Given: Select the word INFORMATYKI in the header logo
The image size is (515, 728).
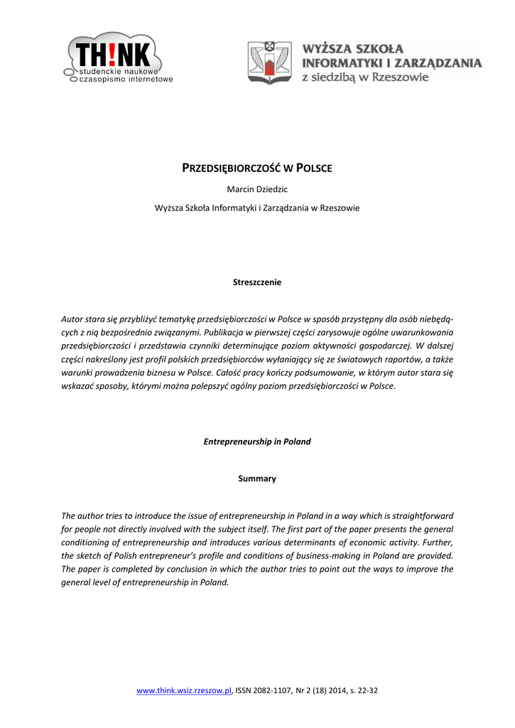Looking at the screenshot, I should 340,63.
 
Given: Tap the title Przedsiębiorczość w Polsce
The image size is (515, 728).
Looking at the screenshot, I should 257,168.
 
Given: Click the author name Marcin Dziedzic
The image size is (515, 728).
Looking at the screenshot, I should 257,189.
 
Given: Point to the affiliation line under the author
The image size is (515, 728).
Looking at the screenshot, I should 257,208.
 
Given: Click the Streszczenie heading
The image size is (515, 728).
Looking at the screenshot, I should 257,282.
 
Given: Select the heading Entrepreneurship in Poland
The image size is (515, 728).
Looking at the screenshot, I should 257,441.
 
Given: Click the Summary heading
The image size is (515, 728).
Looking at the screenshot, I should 257,479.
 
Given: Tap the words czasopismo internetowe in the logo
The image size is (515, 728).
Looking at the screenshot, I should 126,80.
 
